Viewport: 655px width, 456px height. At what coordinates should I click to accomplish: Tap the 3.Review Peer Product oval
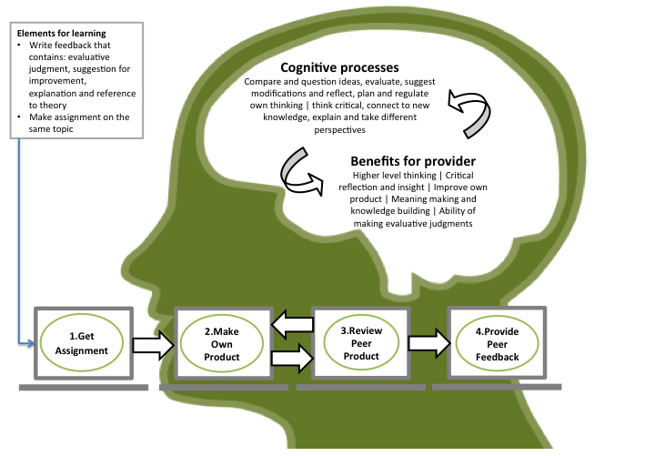click(x=360, y=343)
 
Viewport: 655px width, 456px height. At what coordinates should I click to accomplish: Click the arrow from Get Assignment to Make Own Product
click(x=152, y=344)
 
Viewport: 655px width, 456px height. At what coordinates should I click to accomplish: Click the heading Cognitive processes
click(x=340, y=67)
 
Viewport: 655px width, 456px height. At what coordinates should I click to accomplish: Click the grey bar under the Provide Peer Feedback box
click(x=496, y=386)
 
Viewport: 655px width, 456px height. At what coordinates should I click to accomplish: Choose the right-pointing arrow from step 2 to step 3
click(x=291, y=358)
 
